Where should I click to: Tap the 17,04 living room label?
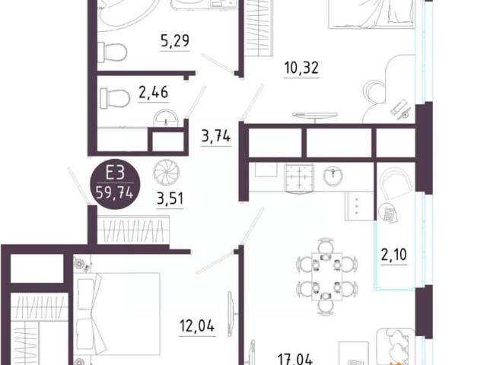click(296, 356)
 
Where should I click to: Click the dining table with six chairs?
click(326, 277)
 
